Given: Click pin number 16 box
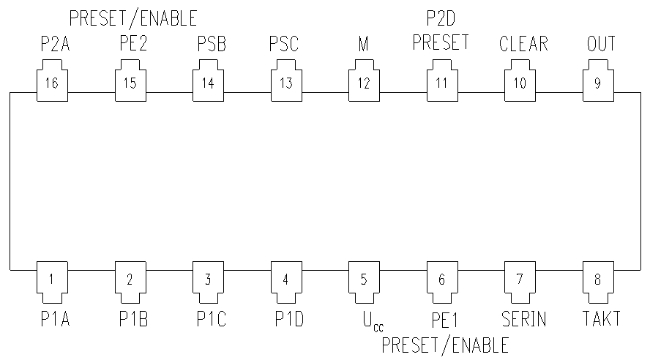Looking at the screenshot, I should coord(51,83).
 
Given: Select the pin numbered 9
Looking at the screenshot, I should coord(597,83).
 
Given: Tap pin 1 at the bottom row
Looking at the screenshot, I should coord(51,279).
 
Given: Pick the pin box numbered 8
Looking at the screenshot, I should coord(597,279).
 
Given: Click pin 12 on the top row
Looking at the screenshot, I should coord(364,83).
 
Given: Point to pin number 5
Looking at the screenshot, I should coord(364,279).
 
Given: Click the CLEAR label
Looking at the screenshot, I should coord(523,43).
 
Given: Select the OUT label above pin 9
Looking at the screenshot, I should coord(601,43).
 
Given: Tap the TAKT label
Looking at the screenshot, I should coord(602,318).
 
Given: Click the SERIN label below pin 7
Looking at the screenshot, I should coord(524,318).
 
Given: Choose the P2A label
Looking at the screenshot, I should coord(55,43).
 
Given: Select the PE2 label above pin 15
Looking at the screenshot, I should coord(132,43).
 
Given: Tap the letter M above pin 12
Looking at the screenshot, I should coord(363,43).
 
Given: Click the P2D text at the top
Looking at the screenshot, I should coord(441,15).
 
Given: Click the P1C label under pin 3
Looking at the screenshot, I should coord(212,318).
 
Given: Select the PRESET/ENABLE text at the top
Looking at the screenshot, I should coord(132,15).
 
